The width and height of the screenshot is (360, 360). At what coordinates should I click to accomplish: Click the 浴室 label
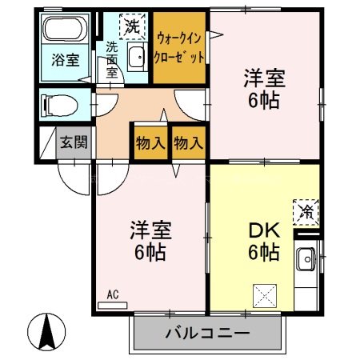66,60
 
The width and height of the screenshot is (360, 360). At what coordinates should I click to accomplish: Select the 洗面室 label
112,58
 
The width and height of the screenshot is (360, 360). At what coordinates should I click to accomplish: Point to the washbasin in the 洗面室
136,58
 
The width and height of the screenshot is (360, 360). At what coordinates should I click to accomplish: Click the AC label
113,294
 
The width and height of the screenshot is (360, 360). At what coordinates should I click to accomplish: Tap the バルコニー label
208,333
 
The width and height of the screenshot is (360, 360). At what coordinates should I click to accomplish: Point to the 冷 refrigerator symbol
306,210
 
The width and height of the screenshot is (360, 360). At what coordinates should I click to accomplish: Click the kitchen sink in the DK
306,261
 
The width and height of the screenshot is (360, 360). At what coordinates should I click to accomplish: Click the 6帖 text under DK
262,254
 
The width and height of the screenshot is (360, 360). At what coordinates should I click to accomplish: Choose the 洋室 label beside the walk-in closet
265,80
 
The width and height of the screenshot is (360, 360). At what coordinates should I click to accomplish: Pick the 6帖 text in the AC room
150,254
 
